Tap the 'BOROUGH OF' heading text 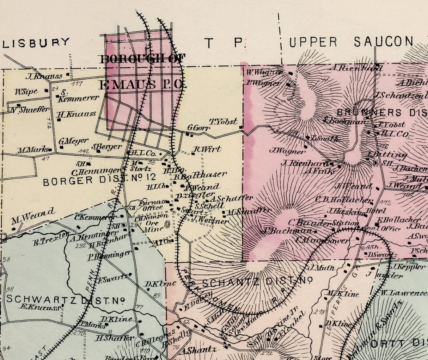point(143,59)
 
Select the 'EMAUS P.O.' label point(143,85)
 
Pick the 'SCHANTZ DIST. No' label point(257,281)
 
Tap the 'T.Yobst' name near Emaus point(224,122)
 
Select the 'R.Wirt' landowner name point(207,149)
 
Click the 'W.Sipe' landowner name point(26,92)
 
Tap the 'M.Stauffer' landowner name point(249,212)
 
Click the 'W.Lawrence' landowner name point(404,293)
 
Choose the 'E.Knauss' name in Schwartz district point(40,307)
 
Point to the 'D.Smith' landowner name point(325,139)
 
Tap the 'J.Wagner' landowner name point(287,151)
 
